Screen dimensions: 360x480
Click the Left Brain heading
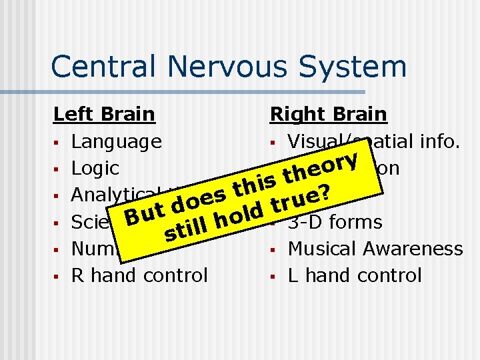pyautogui.click(x=104, y=114)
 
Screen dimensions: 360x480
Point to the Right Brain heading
pyautogui.click(x=328, y=114)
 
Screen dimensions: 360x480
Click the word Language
pyautogui.click(x=117, y=141)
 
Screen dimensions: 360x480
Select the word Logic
pyautogui.click(x=95, y=168)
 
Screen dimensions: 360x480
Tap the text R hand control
pyautogui.click(x=139, y=275)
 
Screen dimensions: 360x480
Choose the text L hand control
pyautogui.click(x=355, y=275)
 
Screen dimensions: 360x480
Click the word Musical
pyautogui.click(x=323, y=249)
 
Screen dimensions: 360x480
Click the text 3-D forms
pyautogui.click(x=335, y=221)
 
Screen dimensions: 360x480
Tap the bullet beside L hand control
pyautogui.click(x=274, y=276)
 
